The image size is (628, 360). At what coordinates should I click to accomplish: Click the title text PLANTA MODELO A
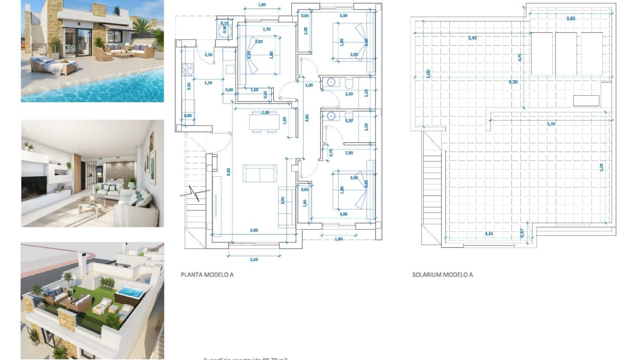coord(207,275)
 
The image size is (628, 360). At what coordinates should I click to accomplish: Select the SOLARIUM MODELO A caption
coord(442,275)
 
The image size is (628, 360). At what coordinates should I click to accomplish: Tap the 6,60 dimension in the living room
coord(229,172)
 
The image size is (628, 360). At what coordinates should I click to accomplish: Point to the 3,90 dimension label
coord(254,230)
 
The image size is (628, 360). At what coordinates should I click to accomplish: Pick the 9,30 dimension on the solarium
coord(513,82)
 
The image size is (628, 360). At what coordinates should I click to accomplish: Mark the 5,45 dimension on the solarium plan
coord(472,38)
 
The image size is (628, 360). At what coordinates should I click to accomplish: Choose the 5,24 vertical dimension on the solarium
coord(601,168)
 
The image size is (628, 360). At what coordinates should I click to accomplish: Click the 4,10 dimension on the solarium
coord(489,234)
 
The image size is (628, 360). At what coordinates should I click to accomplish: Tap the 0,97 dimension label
coord(522,233)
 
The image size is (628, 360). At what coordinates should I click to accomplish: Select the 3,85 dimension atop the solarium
coord(570,19)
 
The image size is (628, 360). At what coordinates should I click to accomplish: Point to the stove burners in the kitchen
coord(188,70)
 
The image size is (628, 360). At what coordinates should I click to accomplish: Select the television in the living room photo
coord(34,187)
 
